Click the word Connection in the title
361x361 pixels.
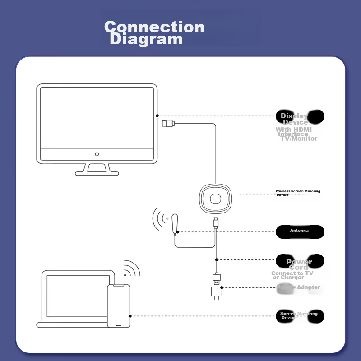[154, 27]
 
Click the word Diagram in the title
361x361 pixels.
[146, 39]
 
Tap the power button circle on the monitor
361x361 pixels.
[97, 154]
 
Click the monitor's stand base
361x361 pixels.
[97, 171]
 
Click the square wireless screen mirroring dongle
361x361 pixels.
[216, 199]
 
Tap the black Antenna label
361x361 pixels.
[300, 231]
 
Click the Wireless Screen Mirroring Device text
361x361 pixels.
[298, 193]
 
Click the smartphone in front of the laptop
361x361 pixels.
[119, 306]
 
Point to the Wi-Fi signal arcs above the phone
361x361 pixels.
[131, 268]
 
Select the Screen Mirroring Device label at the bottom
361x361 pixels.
[299, 315]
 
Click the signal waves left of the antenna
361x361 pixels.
[158, 221]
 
